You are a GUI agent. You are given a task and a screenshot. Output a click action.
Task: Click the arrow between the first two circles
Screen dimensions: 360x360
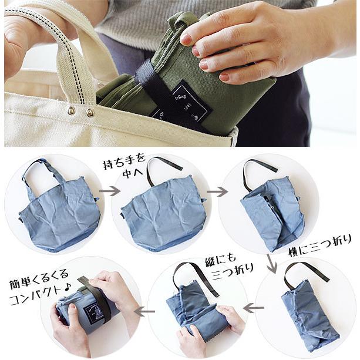(x=109, y=191)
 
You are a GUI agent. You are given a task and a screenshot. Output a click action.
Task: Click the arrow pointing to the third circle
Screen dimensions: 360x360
(x=217, y=191)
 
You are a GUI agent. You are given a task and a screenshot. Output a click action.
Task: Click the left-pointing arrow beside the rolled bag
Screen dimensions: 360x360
(x=144, y=311)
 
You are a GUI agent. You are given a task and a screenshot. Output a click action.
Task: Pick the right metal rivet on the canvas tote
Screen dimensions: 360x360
(x=90, y=113)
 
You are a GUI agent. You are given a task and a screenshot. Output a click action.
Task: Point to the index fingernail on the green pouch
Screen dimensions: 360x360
(x=186, y=39)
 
